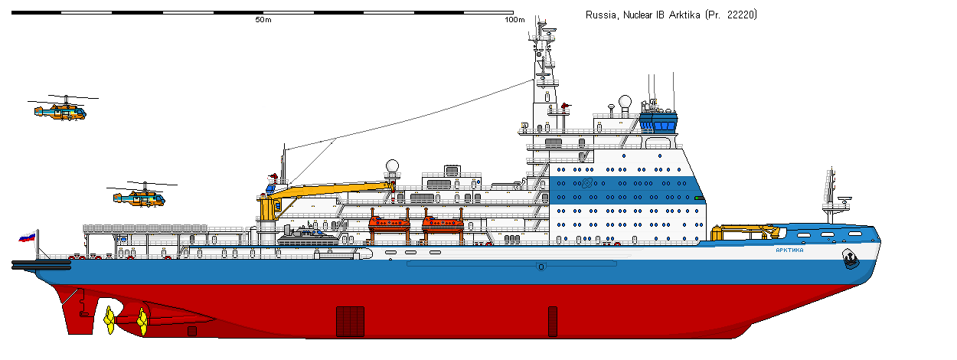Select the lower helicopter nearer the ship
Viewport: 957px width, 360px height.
click(140, 197)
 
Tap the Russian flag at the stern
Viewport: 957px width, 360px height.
click(28, 237)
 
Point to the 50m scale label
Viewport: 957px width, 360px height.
click(263, 20)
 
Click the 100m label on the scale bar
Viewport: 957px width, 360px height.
click(514, 20)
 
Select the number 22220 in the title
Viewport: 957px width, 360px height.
click(741, 15)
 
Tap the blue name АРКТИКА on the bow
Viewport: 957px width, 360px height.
click(789, 250)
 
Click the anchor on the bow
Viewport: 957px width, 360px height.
click(850, 259)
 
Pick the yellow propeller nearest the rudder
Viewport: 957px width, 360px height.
click(109, 320)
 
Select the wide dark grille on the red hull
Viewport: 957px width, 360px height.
click(351, 322)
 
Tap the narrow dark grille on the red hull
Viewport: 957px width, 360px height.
click(553, 322)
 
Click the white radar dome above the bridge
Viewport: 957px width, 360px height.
click(625, 102)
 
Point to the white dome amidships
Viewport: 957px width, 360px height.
click(392, 166)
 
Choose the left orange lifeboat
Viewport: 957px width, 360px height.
click(389, 223)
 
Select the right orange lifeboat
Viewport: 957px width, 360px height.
click(443, 223)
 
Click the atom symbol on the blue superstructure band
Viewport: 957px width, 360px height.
click(587, 183)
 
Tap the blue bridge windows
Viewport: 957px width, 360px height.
click(658, 123)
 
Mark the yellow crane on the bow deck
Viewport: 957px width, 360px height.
click(746, 233)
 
